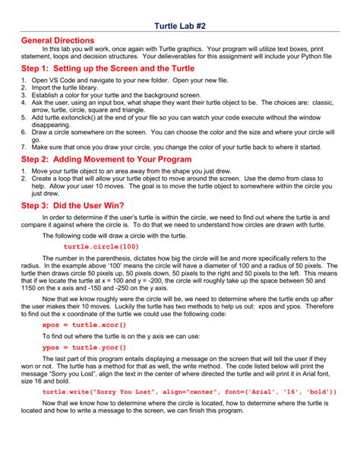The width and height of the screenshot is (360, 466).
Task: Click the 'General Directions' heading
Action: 58,40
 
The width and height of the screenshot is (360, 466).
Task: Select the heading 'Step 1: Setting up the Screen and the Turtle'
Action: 107,68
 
